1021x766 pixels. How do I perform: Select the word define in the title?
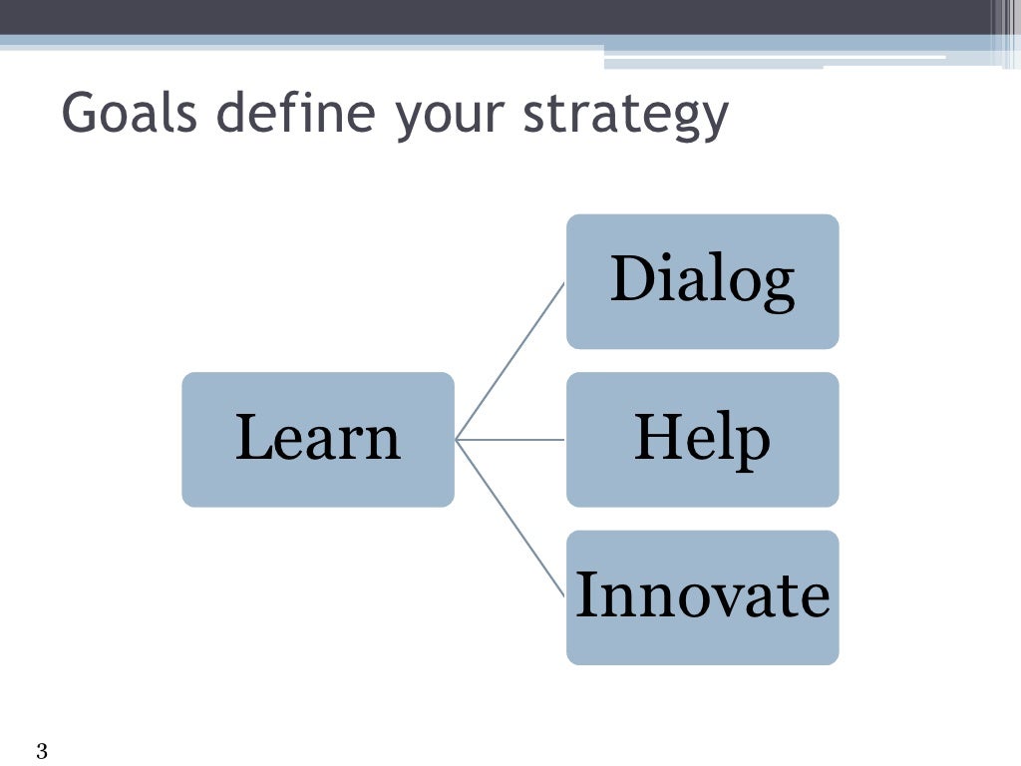coord(297,115)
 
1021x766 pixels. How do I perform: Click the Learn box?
coord(317,439)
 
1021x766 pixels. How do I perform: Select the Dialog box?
coord(702,281)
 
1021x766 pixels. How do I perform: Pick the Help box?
coord(702,439)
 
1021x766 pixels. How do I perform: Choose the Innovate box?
coord(702,596)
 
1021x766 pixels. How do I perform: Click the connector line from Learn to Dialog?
coord(510,360)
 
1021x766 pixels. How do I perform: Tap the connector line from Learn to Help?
coord(510,439)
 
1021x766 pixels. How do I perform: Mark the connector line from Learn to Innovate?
coord(510,518)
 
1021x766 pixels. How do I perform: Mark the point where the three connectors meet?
coord(456,439)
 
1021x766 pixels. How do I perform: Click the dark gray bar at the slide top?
coord(499,17)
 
